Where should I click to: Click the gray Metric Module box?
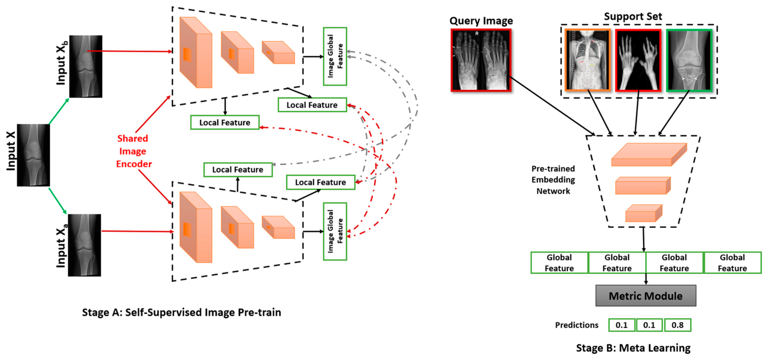click(646, 296)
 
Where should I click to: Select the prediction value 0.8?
click(677, 325)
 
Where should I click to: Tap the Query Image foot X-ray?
click(481, 60)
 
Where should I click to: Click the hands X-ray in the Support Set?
click(638, 60)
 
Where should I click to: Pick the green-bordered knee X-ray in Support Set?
click(689, 60)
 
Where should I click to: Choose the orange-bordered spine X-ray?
click(587, 60)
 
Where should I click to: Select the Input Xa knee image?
click(84, 245)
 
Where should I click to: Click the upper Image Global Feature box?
click(335, 56)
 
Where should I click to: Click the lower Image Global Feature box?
click(335, 231)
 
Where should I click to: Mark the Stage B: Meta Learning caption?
click(633, 348)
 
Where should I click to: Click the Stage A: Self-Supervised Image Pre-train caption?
click(181, 312)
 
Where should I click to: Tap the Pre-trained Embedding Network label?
click(553, 180)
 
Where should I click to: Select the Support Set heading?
click(633, 16)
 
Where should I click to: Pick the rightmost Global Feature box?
click(732, 263)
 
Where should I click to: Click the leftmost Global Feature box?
click(559, 263)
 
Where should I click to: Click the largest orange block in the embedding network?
click(649, 155)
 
